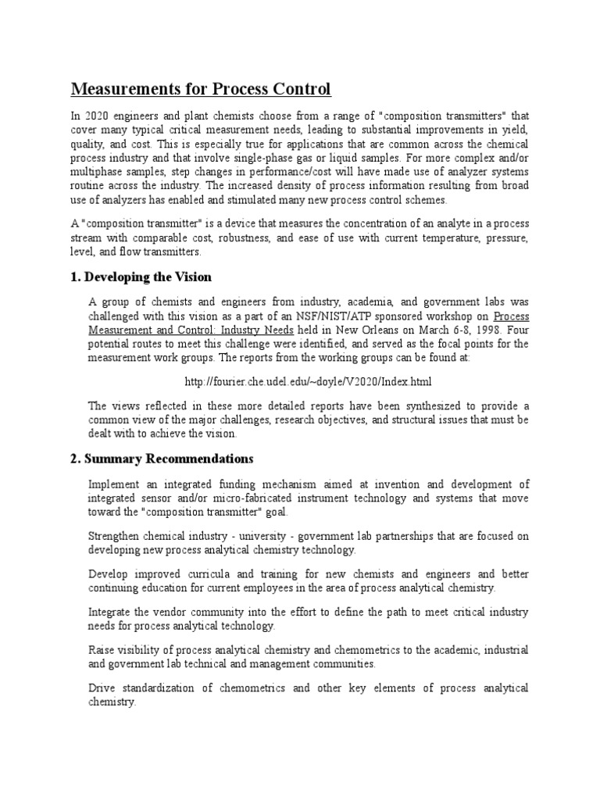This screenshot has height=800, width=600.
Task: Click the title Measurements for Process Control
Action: tap(202, 90)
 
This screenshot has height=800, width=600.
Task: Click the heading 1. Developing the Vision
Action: tap(141, 277)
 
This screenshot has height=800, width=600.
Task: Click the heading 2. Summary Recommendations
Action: tap(162, 458)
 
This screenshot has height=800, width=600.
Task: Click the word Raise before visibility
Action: tap(103, 649)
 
